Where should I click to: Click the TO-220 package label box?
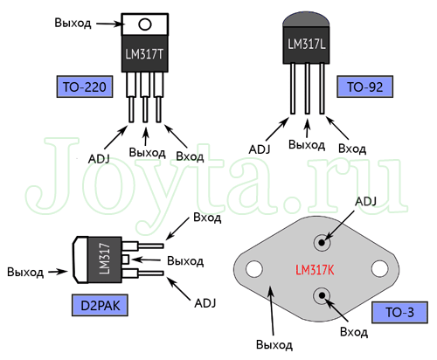click(85, 87)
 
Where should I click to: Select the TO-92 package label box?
click(364, 87)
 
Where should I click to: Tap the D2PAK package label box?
click(100, 305)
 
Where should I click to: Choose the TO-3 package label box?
click(399, 312)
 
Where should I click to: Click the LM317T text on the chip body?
click(144, 54)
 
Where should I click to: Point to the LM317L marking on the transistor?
click(307, 44)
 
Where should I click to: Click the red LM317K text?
click(315, 270)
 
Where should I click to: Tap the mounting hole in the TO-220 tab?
click(145, 24)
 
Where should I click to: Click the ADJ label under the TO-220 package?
click(99, 159)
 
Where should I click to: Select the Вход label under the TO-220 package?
click(190, 156)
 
